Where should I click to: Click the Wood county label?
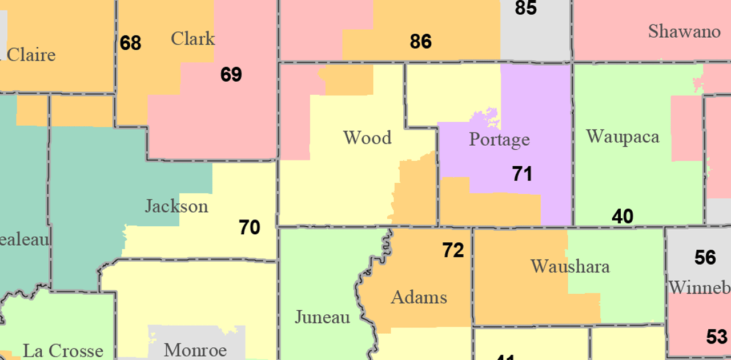(x=367, y=138)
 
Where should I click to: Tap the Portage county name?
(x=499, y=139)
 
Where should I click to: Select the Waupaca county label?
(x=622, y=137)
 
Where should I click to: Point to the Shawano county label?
(x=684, y=31)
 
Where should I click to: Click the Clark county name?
(x=193, y=38)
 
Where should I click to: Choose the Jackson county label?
(x=176, y=206)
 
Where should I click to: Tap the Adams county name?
(x=419, y=297)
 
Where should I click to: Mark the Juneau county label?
(x=322, y=317)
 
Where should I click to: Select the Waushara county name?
(x=570, y=266)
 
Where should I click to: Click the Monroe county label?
(x=195, y=350)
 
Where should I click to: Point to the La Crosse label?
(x=63, y=350)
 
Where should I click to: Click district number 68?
(x=130, y=43)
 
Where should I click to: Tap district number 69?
(x=231, y=74)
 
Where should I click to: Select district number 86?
(x=421, y=41)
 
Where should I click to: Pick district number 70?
(x=250, y=227)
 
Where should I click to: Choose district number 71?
(x=522, y=174)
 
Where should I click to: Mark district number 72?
(x=453, y=250)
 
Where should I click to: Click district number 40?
(x=622, y=217)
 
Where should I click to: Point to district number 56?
(x=705, y=258)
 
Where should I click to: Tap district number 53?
(x=717, y=337)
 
